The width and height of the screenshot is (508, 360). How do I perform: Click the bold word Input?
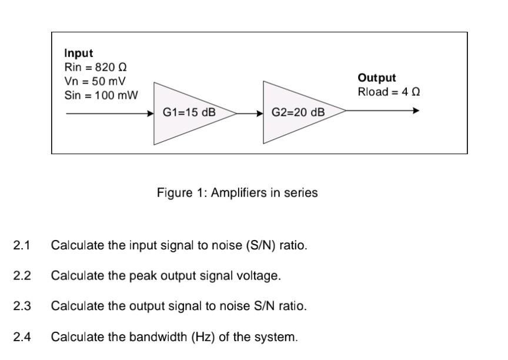point(79,54)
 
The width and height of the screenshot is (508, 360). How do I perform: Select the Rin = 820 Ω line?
point(93,67)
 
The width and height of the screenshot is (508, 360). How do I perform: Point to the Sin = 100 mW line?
point(101,95)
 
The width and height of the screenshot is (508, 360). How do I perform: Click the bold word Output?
point(376,78)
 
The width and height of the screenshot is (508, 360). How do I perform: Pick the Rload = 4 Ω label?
point(389,92)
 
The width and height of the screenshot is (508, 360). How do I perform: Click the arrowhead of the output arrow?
point(416,110)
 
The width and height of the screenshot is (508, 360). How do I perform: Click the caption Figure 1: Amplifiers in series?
point(237,193)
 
